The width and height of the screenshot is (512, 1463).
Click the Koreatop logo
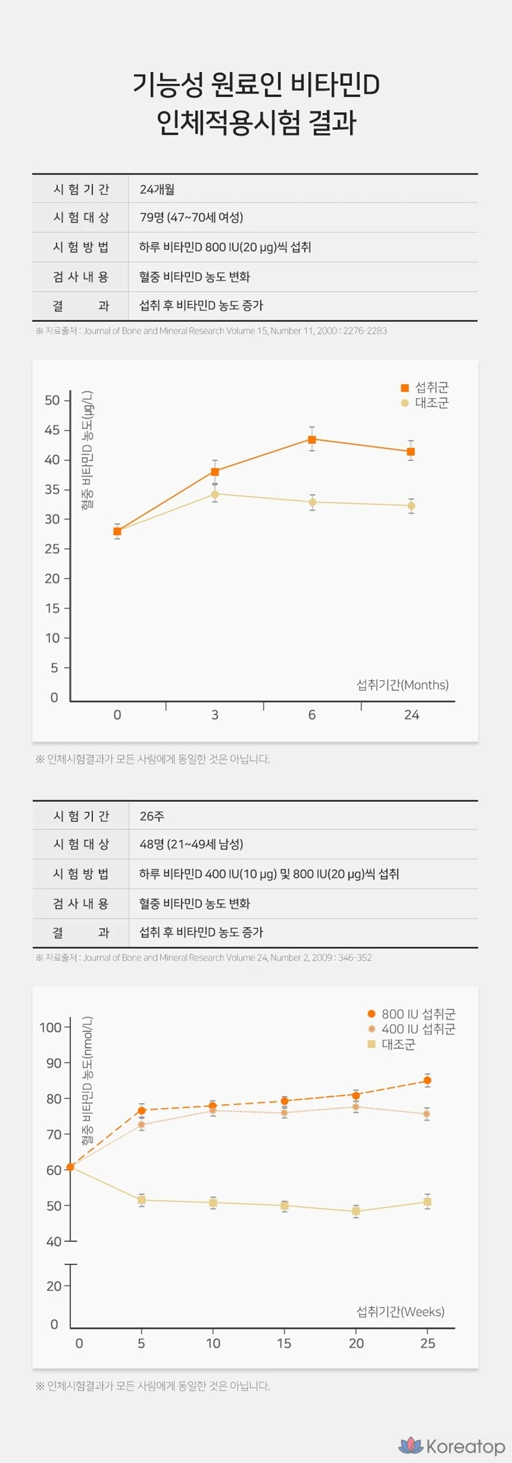pyautogui.click(x=452, y=1445)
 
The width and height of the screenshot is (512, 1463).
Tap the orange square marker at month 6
pyautogui.click(x=312, y=439)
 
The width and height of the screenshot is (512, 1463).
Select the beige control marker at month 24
pyautogui.click(x=411, y=506)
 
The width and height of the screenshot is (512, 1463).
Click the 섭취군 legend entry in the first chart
pyautogui.click(x=425, y=388)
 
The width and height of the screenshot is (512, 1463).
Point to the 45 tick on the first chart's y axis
pyautogui.click(x=53, y=430)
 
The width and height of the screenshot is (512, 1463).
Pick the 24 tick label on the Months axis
pyautogui.click(x=412, y=715)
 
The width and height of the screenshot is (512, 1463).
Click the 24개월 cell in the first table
pyautogui.click(x=157, y=190)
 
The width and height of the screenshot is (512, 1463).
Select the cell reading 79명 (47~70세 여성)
pyautogui.click(x=191, y=218)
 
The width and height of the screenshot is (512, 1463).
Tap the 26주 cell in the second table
pyautogui.click(x=152, y=816)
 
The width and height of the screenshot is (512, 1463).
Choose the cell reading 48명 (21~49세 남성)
pyautogui.click(x=191, y=845)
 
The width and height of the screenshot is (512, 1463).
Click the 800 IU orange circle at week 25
pyautogui.click(x=427, y=1081)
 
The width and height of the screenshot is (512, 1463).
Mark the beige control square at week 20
pyautogui.click(x=356, y=1211)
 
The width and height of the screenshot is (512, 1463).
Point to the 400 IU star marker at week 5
pyautogui.click(x=141, y=1125)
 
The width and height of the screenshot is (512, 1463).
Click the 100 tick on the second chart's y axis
pyautogui.click(x=51, y=1028)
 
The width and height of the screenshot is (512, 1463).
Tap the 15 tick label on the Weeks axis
pyautogui.click(x=284, y=1343)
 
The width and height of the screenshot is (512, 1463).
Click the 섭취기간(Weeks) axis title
pyautogui.click(x=400, y=1312)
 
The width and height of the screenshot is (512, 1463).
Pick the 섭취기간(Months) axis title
pyautogui.click(x=402, y=685)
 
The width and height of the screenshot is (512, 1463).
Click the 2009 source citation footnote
pyautogui.click(x=203, y=957)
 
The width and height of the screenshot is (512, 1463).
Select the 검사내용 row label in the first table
pyautogui.click(x=81, y=277)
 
